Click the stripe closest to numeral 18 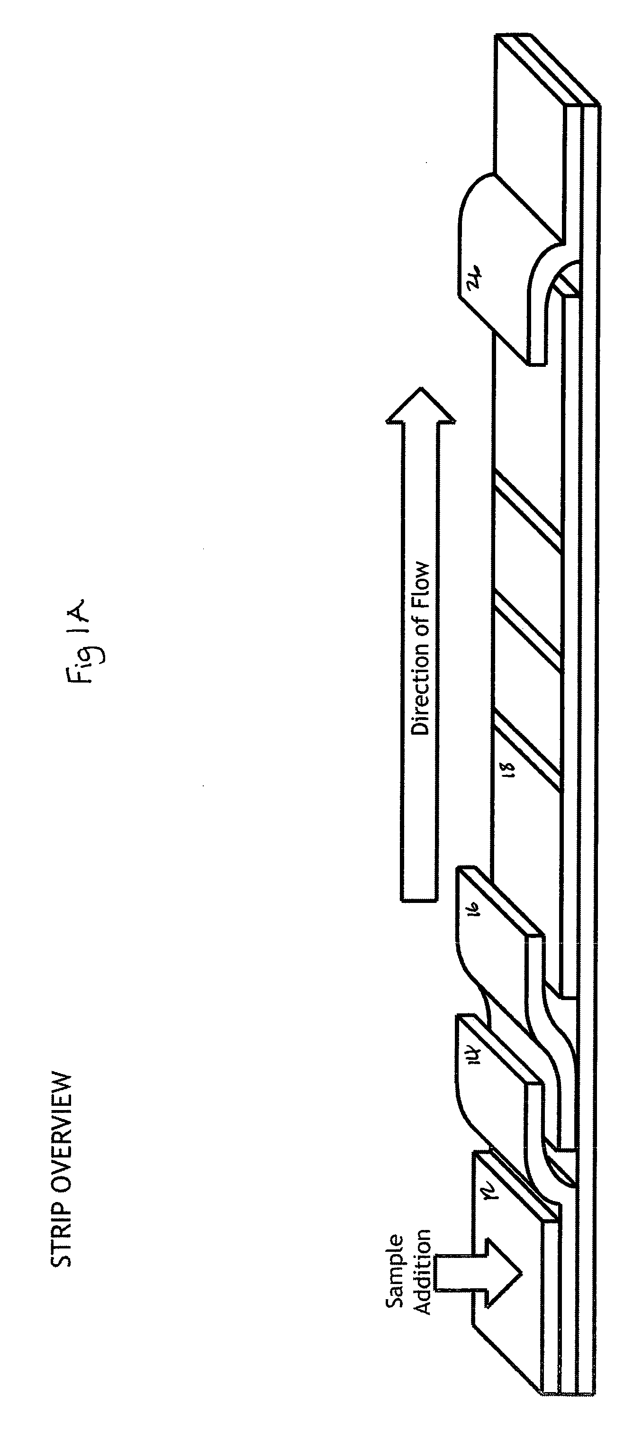[527, 743]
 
